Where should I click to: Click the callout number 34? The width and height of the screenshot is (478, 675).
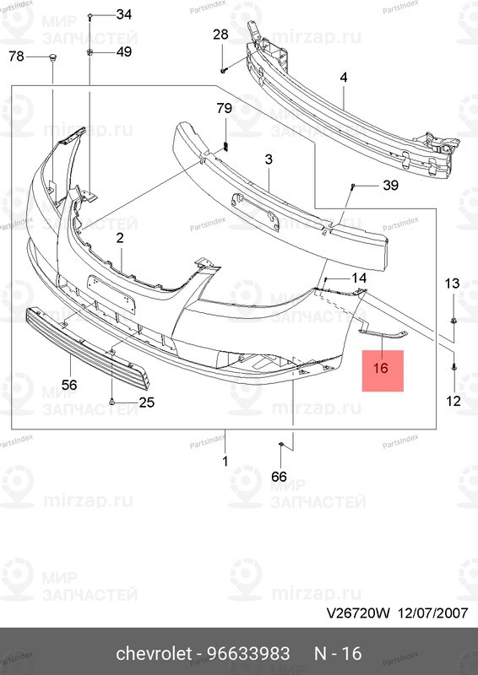123,14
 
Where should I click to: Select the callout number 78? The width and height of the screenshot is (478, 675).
17,57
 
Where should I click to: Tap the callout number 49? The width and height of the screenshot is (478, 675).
123,52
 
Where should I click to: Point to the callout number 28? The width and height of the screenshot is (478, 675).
220,35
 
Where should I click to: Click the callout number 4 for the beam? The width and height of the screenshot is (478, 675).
344,78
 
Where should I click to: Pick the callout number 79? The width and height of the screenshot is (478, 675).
224,108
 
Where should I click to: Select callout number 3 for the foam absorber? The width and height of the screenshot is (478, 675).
268,159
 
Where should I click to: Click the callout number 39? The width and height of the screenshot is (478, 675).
390,186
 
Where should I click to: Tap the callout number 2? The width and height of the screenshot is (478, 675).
120,239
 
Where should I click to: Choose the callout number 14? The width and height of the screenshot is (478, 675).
359,278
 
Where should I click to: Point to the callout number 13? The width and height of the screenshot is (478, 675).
453,283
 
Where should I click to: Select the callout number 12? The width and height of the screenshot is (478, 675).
454,401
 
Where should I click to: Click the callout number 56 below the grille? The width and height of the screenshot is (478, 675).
68,385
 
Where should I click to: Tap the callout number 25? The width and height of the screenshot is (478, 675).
146,402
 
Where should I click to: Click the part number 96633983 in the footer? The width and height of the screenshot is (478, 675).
251,655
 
